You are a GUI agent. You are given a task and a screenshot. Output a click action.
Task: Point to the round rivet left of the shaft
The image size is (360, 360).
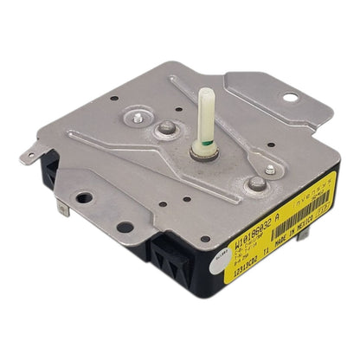coord(165,130)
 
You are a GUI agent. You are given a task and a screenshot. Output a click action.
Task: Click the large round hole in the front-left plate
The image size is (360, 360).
coord(125,227)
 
